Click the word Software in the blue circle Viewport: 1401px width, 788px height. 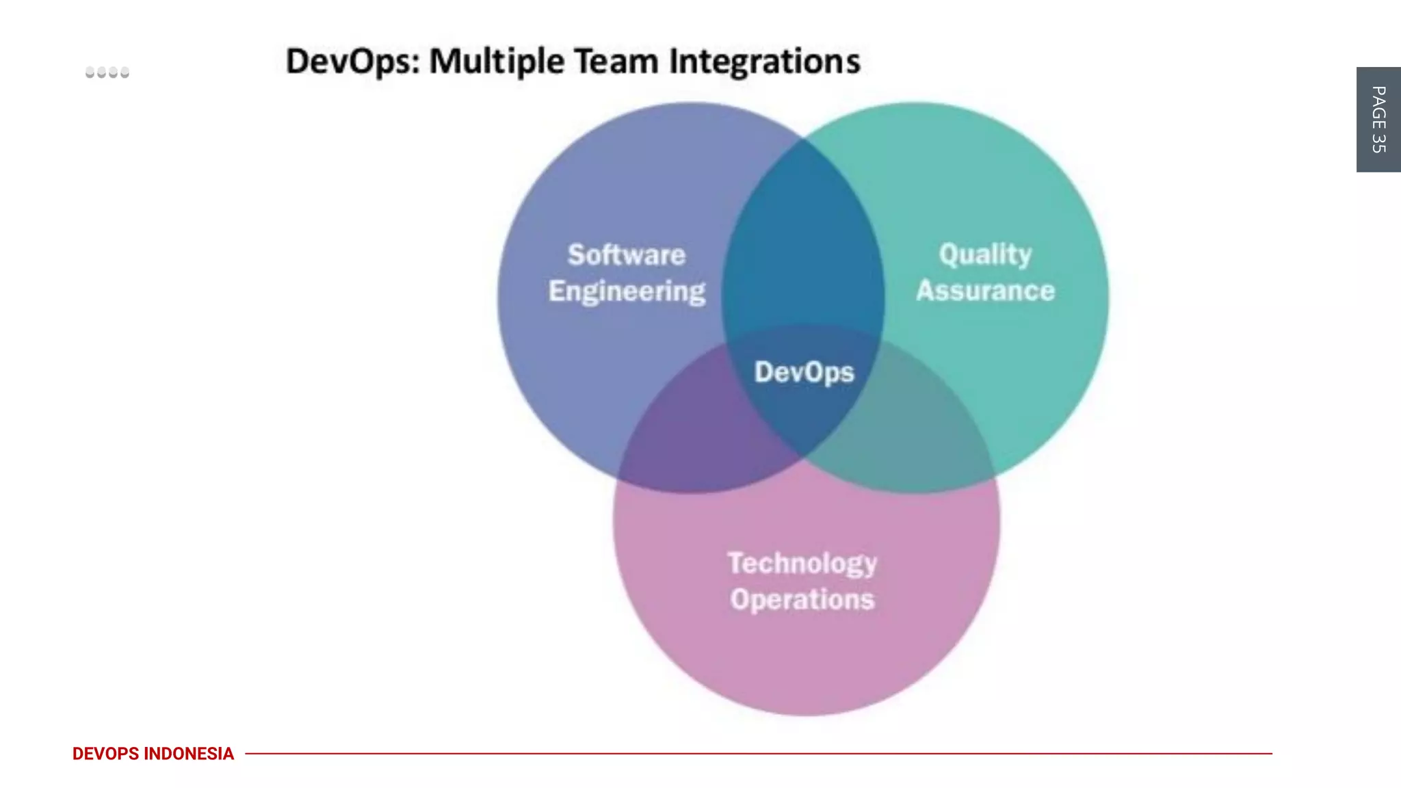(x=626, y=255)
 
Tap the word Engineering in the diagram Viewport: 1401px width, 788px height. (x=627, y=291)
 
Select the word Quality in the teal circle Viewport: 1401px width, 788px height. (x=985, y=254)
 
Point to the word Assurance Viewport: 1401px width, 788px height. (x=985, y=291)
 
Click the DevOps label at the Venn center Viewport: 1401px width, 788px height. (x=804, y=372)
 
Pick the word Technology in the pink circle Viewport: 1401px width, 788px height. (x=802, y=564)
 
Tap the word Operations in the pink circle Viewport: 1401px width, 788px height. (x=802, y=600)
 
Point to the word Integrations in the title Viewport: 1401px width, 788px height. (x=764, y=62)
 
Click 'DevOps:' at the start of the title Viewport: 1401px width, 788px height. (x=352, y=62)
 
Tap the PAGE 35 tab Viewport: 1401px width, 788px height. (x=1378, y=120)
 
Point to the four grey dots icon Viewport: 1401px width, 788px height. (x=107, y=73)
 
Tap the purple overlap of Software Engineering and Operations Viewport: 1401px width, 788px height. (x=691, y=431)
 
